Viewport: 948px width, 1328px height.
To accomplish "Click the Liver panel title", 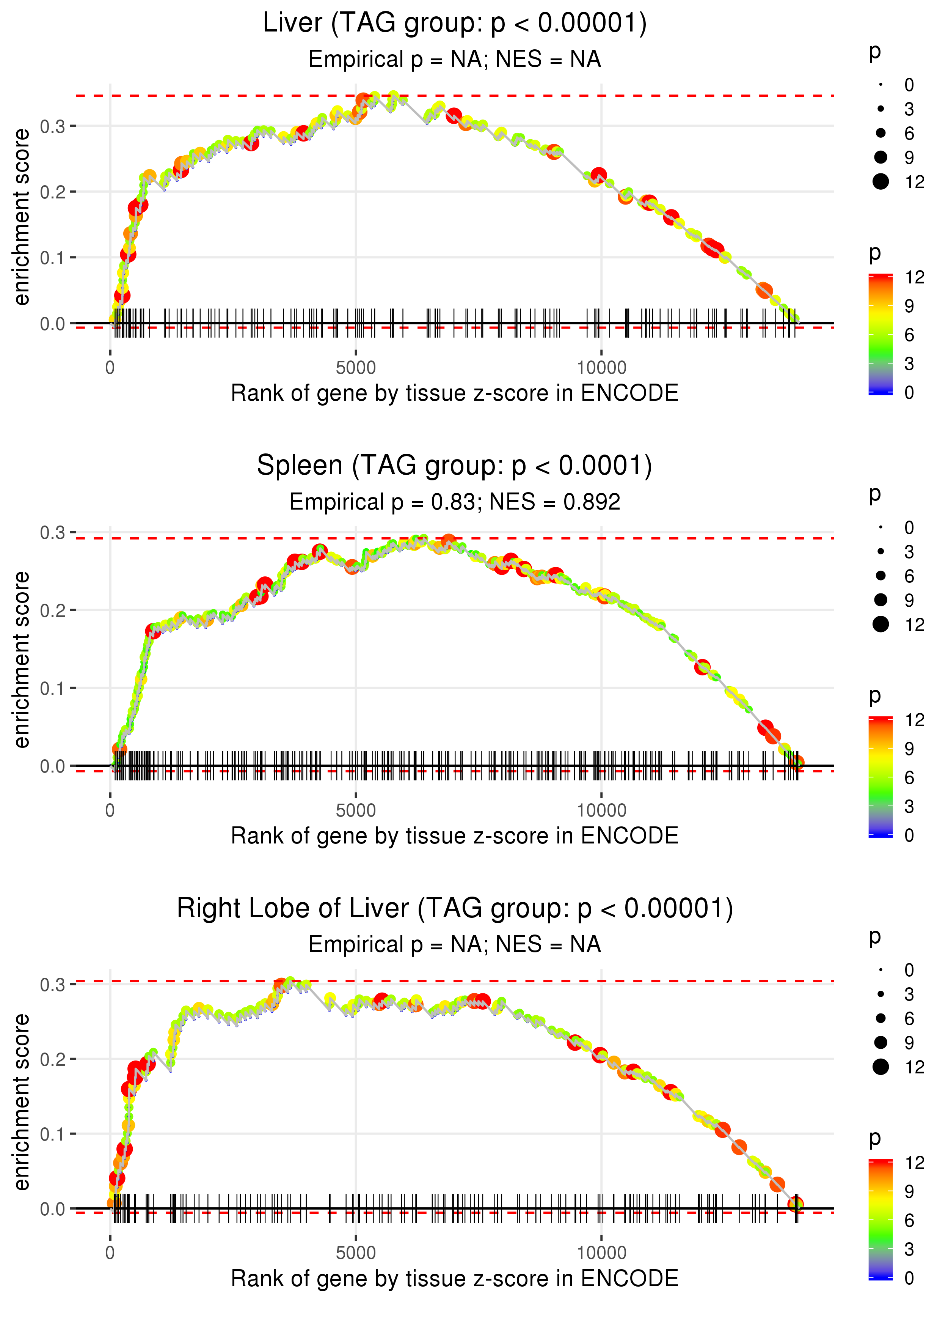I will [455, 24].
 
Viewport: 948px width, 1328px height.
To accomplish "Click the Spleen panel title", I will [455, 466].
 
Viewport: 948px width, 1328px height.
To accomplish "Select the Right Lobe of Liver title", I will [455, 908].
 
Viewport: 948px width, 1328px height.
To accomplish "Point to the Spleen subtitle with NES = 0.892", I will [455, 502].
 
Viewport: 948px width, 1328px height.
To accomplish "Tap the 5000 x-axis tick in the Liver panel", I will [356, 368].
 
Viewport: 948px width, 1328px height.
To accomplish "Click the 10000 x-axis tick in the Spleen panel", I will [601, 810].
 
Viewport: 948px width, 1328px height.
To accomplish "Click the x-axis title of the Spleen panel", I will [455, 836].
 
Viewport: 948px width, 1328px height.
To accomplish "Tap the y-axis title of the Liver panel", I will [22, 217].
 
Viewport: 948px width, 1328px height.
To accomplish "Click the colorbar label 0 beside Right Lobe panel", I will [909, 1278].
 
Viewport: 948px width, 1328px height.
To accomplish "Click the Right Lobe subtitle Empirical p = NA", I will [455, 944].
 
